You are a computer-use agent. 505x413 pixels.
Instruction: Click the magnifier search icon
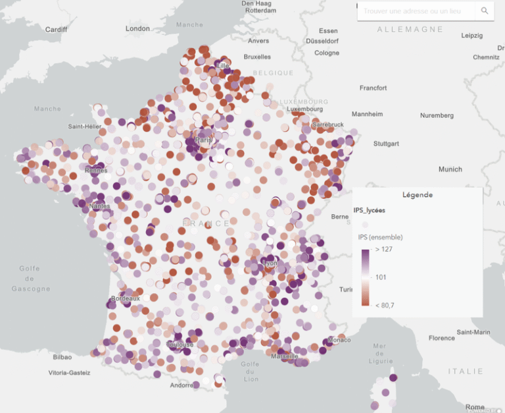[485, 11]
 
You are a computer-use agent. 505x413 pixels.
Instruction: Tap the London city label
[138, 28]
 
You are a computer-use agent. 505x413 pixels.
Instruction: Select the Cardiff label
[56, 30]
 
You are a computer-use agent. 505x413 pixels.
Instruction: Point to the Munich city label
[450, 169]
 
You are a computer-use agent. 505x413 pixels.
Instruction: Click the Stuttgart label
[386, 143]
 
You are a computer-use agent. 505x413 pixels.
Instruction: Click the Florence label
[441, 338]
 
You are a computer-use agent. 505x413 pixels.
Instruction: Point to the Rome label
[475, 407]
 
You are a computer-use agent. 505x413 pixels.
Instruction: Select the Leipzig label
[472, 35]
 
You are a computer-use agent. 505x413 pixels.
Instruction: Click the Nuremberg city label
[437, 115]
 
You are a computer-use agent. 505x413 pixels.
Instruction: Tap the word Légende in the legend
[418, 195]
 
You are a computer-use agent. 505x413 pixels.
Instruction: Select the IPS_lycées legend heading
[370, 210]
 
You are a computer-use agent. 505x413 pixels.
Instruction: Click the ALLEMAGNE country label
[410, 30]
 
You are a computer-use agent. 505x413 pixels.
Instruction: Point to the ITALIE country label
[466, 372]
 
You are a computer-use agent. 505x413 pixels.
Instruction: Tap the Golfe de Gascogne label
[30, 279]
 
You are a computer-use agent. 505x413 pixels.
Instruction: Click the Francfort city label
[373, 88]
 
